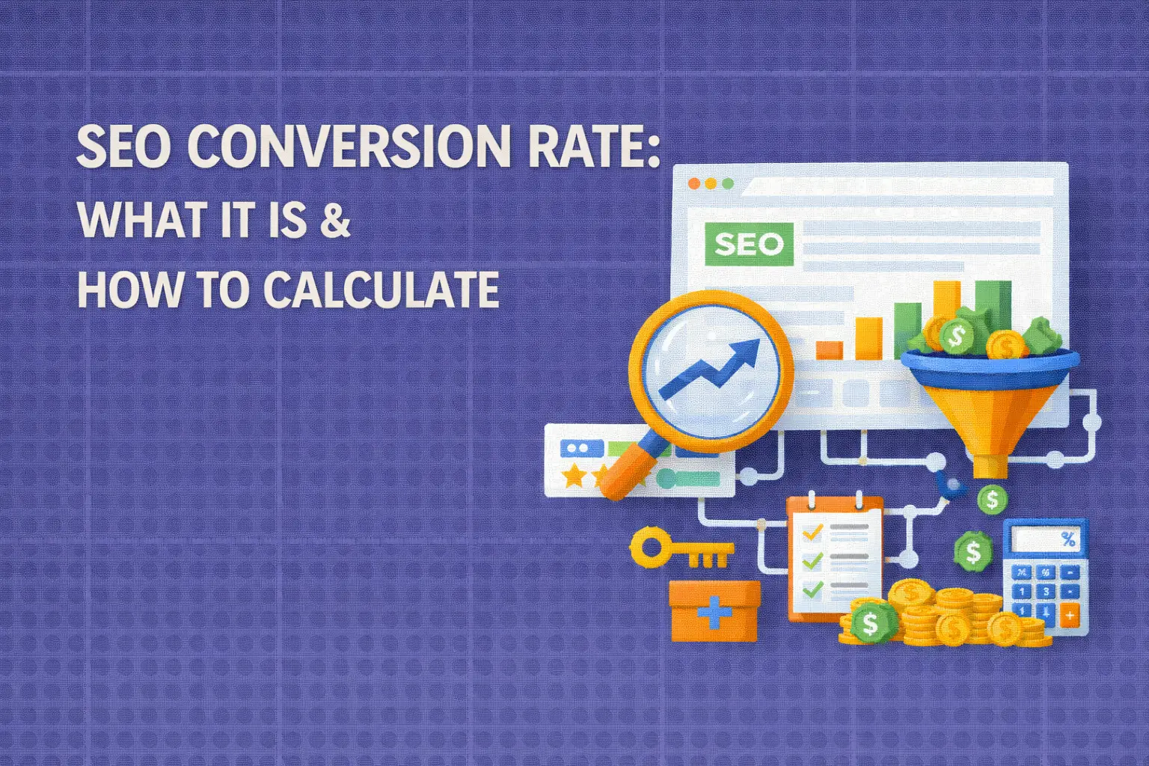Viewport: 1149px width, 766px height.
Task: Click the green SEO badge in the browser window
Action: [748, 244]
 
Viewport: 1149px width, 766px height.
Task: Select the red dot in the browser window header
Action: [693, 183]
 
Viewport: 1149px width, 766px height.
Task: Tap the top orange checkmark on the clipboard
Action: [812, 532]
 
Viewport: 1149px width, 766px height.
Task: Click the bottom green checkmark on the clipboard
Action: [812, 588]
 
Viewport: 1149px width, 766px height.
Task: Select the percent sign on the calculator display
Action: [1068, 539]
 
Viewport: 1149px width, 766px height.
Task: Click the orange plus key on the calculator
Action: [1070, 615]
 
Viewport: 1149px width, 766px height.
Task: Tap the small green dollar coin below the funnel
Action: [992, 499]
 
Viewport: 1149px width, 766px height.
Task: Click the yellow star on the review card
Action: [573, 475]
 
